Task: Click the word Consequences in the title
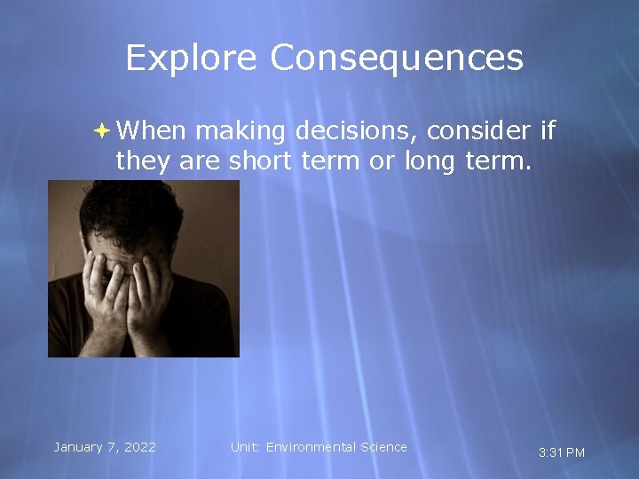coord(397,59)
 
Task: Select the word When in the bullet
coord(151,131)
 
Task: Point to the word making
coord(240,132)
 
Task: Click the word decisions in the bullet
coord(355,132)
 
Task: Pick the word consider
coord(479,131)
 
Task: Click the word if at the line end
coord(547,131)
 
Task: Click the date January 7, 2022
coord(105,447)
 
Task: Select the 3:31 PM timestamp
coord(562,452)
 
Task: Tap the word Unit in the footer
coord(242,447)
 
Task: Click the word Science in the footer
coord(384,447)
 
